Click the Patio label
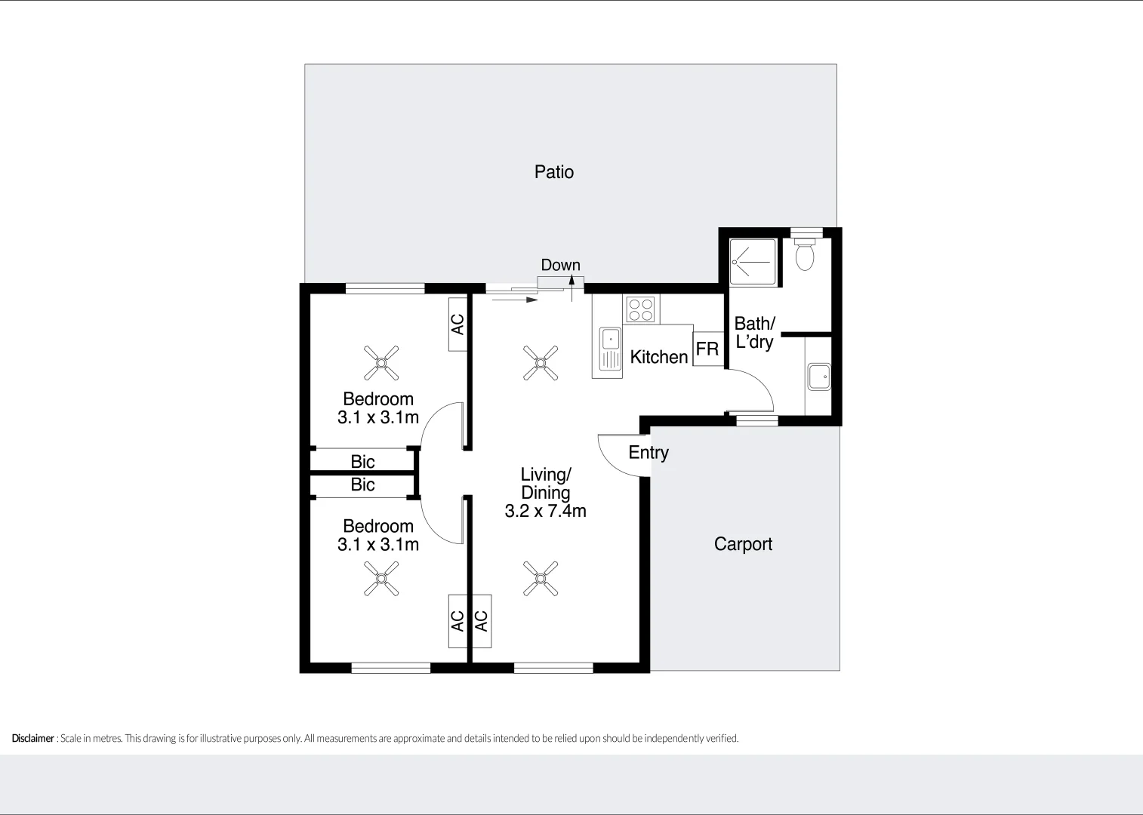[553, 172]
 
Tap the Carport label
[743, 544]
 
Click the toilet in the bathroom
[806, 254]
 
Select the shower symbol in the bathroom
[752, 263]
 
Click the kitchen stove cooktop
[641, 309]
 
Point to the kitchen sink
[610, 349]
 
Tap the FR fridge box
[707, 349]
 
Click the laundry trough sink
[819, 377]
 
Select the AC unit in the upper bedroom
[457, 324]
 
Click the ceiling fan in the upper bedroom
[381, 363]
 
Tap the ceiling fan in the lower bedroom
[381, 579]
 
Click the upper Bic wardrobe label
[362, 461]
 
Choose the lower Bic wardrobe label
[362, 484]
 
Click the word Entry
[649, 452]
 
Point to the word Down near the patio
[560, 265]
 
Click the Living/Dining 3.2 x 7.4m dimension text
[545, 511]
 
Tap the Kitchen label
[659, 357]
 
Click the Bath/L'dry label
[755, 333]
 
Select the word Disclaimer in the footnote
[32, 739]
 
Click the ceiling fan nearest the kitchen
[541, 363]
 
